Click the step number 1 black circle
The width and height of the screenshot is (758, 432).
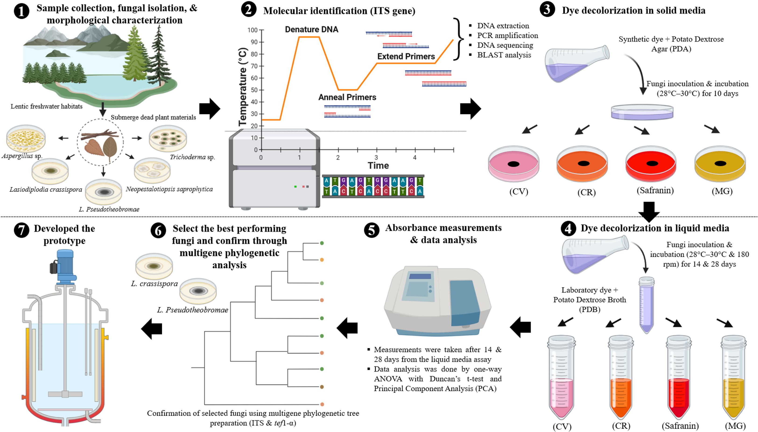[x=21, y=12]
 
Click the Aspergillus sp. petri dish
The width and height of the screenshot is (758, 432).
[x=26, y=138]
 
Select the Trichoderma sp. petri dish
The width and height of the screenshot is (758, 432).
[x=168, y=138]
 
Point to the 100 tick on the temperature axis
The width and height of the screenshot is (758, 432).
[x=253, y=30]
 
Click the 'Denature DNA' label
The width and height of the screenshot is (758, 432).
[x=312, y=29]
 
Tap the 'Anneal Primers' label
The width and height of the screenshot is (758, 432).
[x=347, y=97]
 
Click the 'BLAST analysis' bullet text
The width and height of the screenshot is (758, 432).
[x=504, y=55]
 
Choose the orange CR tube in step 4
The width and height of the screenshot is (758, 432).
[x=621, y=395]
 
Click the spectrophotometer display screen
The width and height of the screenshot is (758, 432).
[x=420, y=276]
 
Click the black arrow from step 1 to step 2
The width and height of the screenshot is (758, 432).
[x=210, y=109]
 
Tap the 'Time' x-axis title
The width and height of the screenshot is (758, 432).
[x=378, y=165]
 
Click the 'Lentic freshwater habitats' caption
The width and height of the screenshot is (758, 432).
[x=47, y=106]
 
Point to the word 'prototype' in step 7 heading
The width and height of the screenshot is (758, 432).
[x=64, y=241]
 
